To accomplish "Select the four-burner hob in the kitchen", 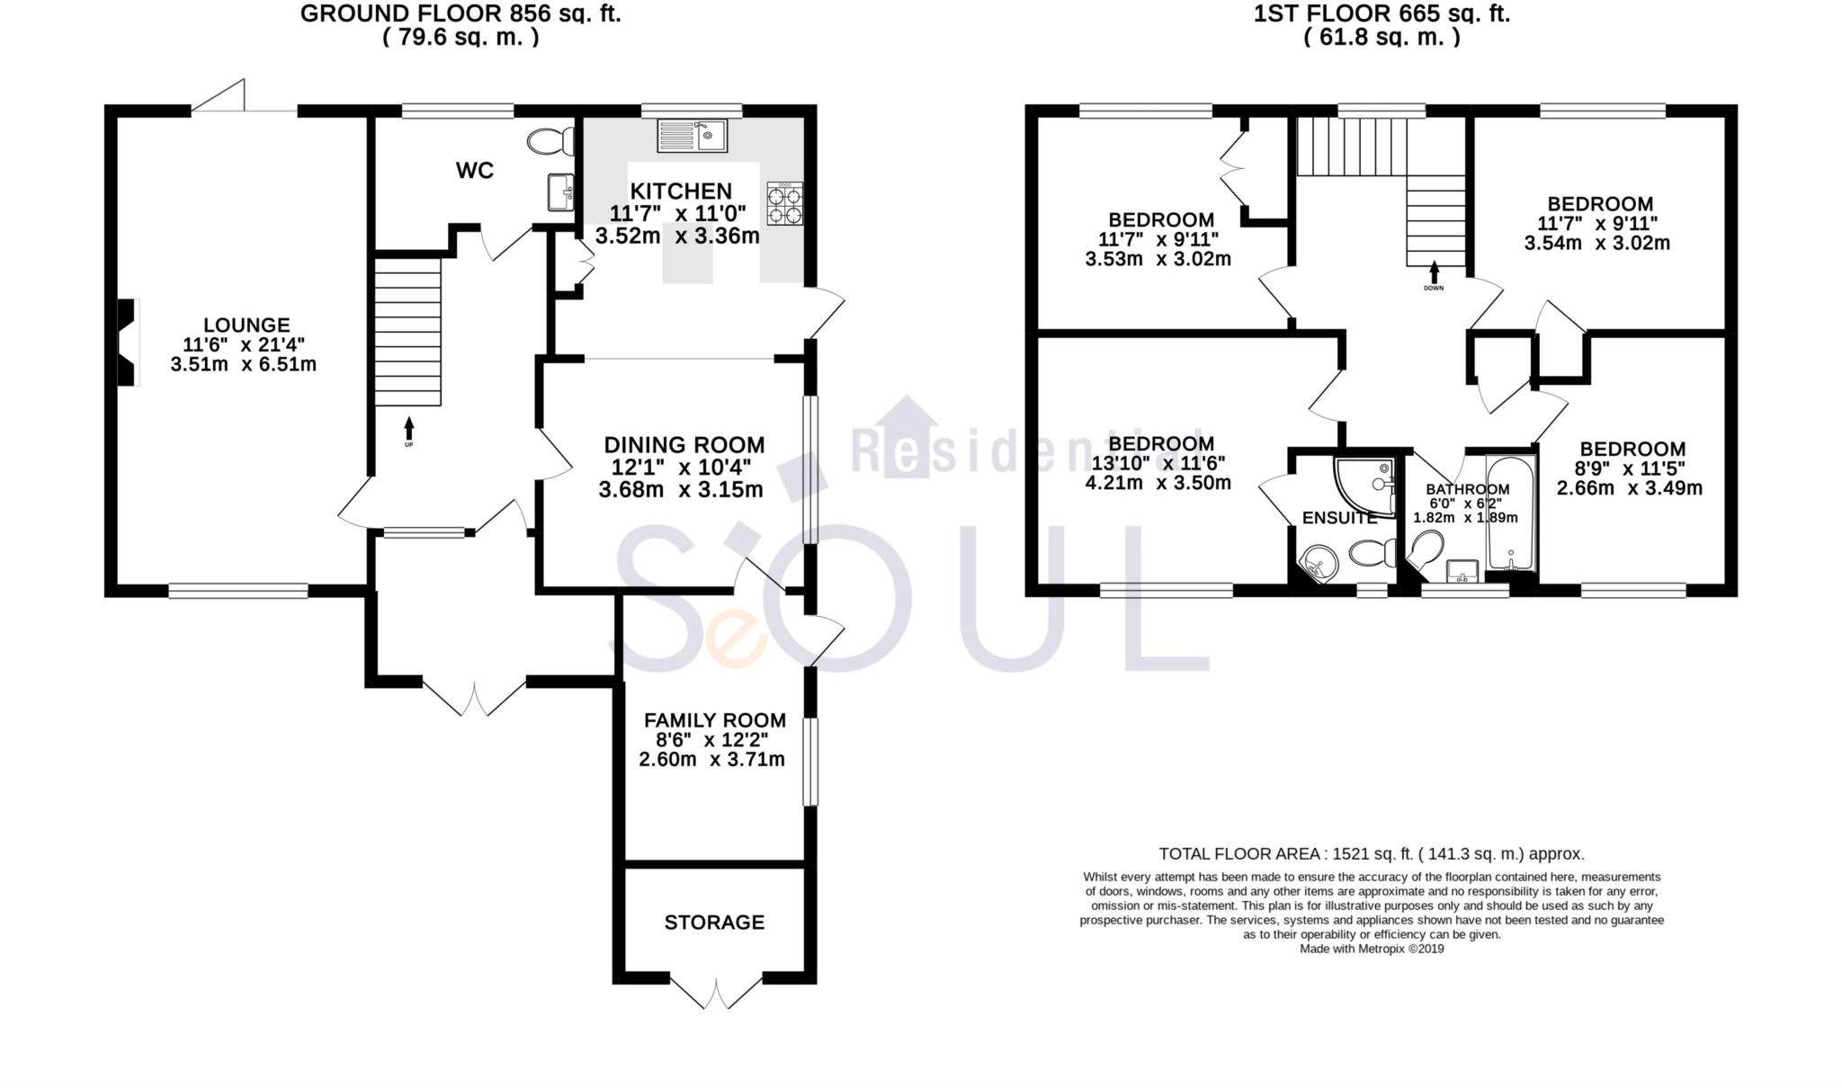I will click(x=784, y=203).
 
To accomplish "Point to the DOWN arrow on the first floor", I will click(x=1434, y=272).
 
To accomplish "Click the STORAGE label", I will click(x=714, y=923).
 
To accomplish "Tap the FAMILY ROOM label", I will click(x=714, y=720).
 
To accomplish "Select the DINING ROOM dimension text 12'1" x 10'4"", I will click(x=682, y=468).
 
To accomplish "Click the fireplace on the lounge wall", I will click(x=129, y=343).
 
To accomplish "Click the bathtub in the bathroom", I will click(x=1511, y=513).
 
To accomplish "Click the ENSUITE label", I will click(x=1339, y=519).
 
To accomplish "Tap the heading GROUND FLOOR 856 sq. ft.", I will click(x=460, y=14).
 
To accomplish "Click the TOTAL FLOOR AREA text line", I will click(x=1371, y=854).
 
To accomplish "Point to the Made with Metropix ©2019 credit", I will click(x=1371, y=949).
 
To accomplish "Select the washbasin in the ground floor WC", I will click(x=560, y=192).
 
